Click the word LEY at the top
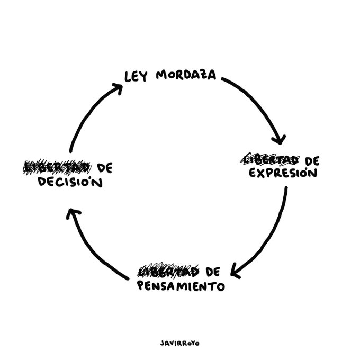coord(136,76)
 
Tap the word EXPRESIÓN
coord(283,173)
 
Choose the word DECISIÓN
coord(70,183)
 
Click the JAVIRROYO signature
coord(179,343)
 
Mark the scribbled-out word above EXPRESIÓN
coord(269,159)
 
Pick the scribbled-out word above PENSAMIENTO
coord(168,272)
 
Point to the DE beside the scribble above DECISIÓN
coord(105,168)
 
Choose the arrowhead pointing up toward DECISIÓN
coord(73,213)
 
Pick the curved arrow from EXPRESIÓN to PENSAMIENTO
coord(273,233)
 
